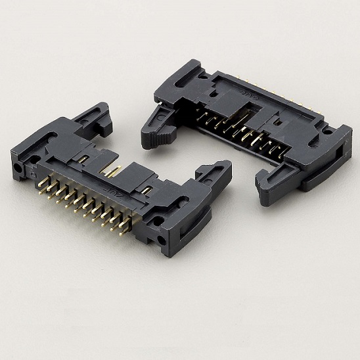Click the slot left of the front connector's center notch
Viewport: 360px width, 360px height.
pos(83,158)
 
